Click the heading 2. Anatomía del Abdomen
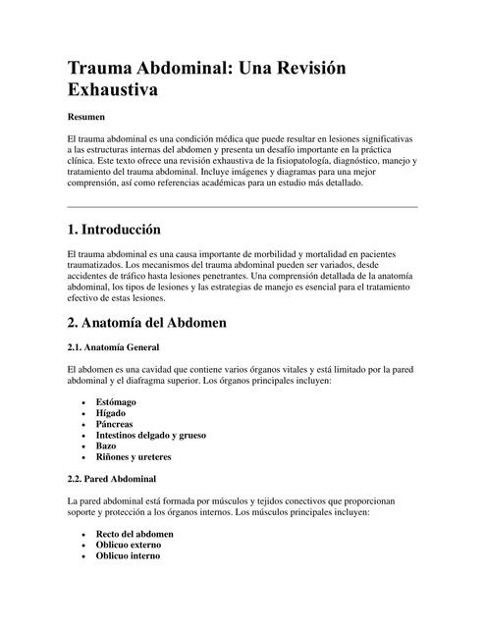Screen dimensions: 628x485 [146, 322]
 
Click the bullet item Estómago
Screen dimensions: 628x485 [116, 403]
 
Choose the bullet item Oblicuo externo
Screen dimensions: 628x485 [129, 545]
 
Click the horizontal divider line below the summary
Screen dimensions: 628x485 [242, 207]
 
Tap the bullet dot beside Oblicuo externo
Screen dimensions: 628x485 [84, 545]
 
